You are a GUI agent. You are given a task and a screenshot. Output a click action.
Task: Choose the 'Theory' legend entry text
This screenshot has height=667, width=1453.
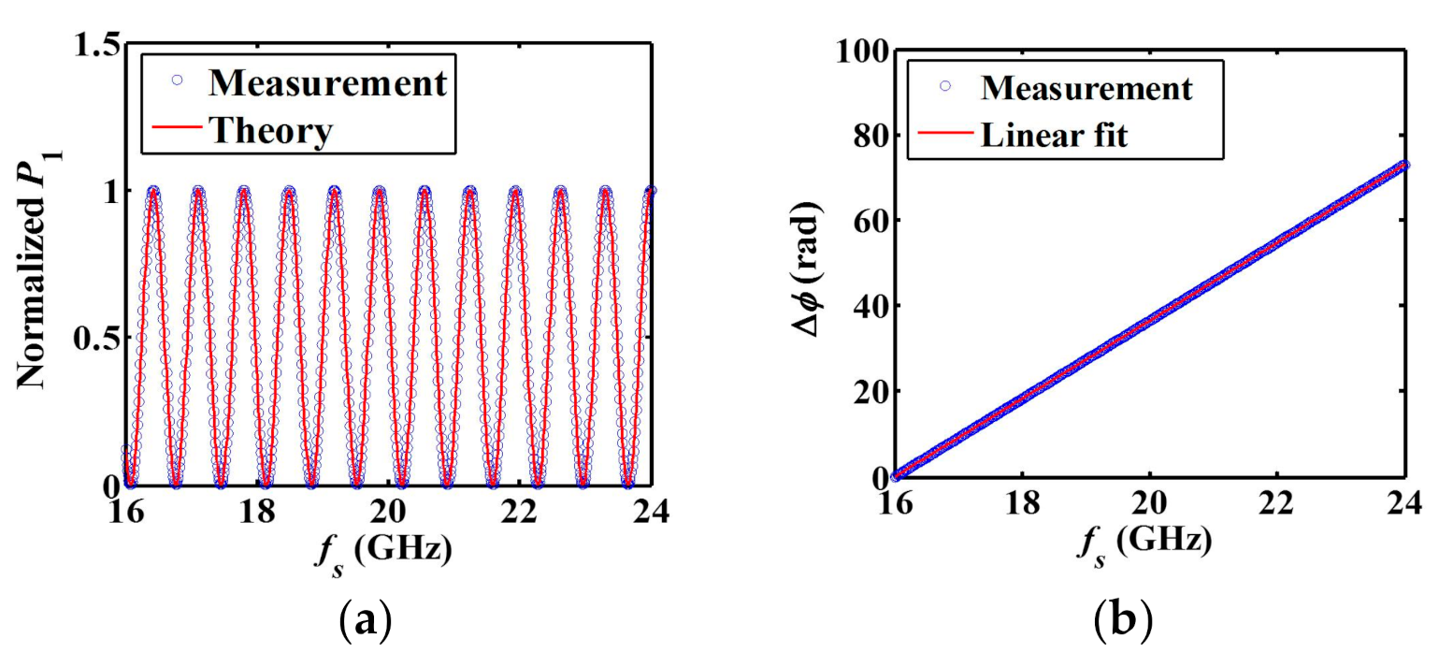[269, 132]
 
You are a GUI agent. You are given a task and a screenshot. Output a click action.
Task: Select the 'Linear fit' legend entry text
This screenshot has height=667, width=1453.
[1054, 137]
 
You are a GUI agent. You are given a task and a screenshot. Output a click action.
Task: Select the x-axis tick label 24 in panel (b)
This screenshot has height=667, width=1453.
[1402, 504]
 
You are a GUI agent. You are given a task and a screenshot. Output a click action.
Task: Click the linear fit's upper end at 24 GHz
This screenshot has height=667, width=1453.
[1403, 165]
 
